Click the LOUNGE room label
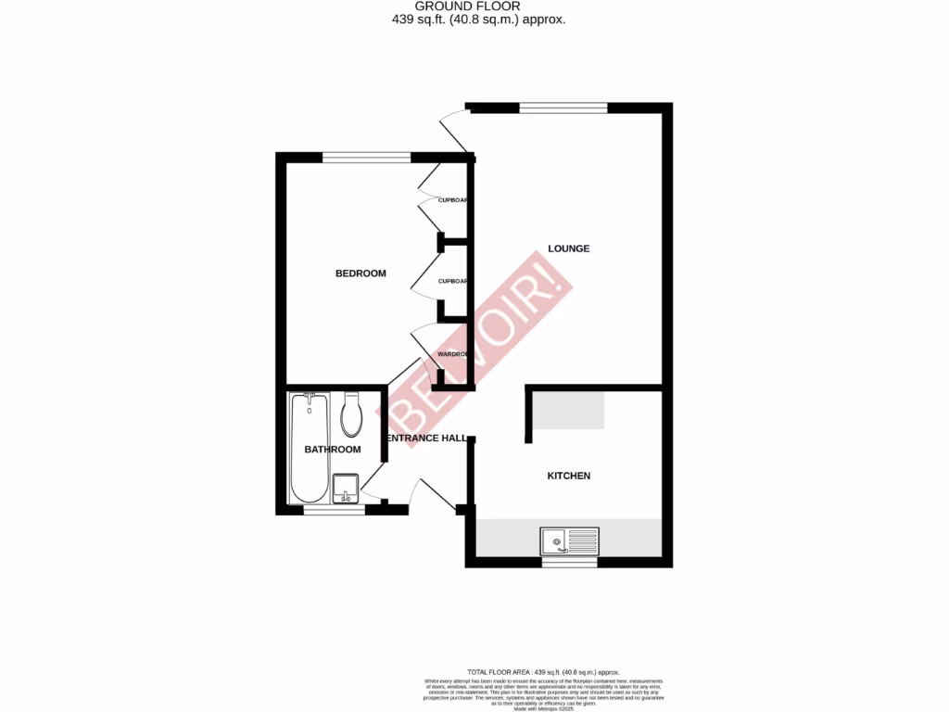[x=568, y=248]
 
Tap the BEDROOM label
[x=360, y=273]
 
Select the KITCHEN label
[x=568, y=476]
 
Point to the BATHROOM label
[x=332, y=450]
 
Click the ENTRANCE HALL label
[x=425, y=439]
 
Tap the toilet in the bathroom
[x=351, y=414]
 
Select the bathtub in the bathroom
[x=308, y=448]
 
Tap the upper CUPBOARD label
[x=452, y=200]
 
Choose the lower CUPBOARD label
[x=452, y=281]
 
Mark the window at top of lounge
[x=563, y=108]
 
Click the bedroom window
[x=366, y=157]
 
